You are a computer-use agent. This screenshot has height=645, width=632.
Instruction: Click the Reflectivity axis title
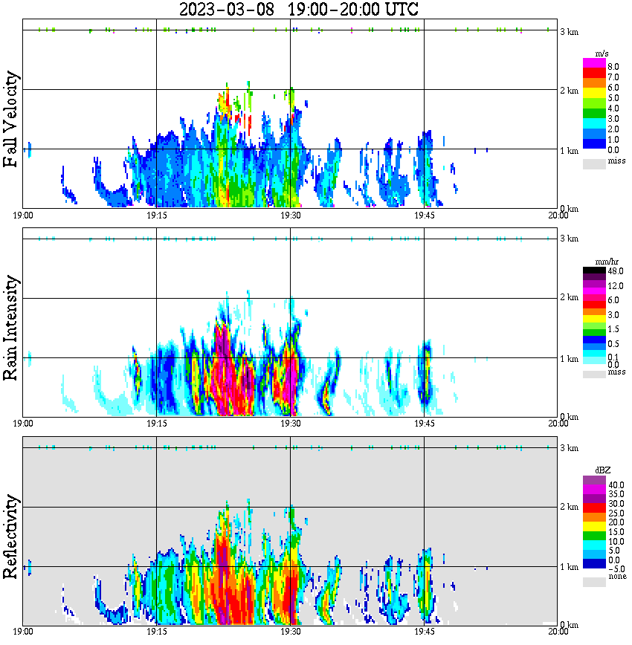coord(11,537)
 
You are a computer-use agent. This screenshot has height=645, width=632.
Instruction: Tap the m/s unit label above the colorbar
coord(602,54)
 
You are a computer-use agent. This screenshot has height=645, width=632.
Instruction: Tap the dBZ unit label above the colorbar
coord(602,470)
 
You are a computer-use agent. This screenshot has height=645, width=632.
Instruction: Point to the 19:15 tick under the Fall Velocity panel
coord(156,215)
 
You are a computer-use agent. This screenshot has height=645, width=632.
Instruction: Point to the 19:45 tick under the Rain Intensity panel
coord(424,424)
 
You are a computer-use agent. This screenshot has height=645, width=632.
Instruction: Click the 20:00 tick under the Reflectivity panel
coord(558,632)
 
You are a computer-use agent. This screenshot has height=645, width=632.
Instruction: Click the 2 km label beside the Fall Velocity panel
coord(569,91)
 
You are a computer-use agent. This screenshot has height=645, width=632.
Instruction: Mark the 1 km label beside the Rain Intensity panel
coord(569,359)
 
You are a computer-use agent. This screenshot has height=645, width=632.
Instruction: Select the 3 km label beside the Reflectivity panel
coord(569,448)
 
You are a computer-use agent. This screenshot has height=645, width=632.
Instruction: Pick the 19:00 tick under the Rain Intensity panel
coord(23,424)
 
